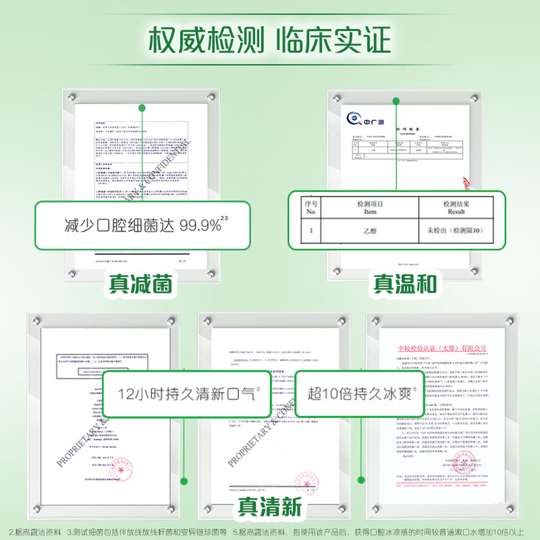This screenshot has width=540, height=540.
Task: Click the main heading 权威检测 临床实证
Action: [x=269, y=40]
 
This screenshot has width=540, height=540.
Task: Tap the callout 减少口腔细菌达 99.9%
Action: [x=142, y=225]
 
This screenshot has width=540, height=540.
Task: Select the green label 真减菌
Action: [x=141, y=284]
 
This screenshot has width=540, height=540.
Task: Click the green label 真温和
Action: [x=405, y=284]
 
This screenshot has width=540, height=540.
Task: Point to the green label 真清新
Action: [x=270, y=507]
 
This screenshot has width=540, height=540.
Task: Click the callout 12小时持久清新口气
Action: [x=187, y=394]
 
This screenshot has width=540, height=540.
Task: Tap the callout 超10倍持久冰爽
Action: [x=359, y=394]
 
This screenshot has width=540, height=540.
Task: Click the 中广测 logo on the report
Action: [x=364, y=119]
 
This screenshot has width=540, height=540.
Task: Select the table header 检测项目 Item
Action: [x=370, y=207]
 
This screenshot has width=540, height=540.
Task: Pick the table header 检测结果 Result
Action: [x=456, y=207]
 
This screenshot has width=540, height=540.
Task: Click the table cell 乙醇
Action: [x=370, y=231]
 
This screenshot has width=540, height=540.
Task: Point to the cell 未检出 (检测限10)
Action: [x=455, y=230]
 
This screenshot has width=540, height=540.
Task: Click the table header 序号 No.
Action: [x=311, y=207]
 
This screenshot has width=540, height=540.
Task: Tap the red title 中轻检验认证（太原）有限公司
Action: [x=442, y=348]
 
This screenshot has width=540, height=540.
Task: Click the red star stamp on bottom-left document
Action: [x=121, y=469]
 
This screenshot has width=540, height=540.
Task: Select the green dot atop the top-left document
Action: [x=142, y=108]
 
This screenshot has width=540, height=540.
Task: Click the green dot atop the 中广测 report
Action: [x=396, y=101]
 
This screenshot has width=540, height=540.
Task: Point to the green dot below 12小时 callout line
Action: [x=184, y=481]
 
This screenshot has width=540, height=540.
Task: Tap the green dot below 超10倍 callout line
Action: [x=361, y=480]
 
